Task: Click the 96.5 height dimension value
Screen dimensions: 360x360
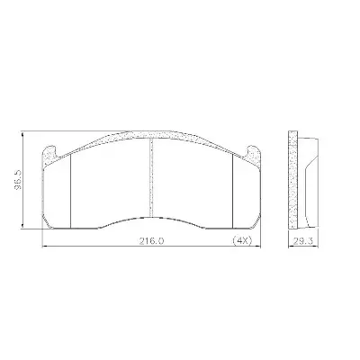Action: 18,180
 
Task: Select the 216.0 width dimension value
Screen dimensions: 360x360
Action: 151,240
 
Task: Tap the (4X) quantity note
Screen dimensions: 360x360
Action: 242,240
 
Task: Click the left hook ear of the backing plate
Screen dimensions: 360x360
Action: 49,153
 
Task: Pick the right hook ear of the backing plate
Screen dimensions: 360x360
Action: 253,153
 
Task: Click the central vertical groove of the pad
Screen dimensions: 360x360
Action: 151,177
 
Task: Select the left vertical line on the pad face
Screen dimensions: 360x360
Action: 70,191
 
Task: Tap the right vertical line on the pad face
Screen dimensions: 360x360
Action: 233,191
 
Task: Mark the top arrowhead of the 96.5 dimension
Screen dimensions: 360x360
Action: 22,134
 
